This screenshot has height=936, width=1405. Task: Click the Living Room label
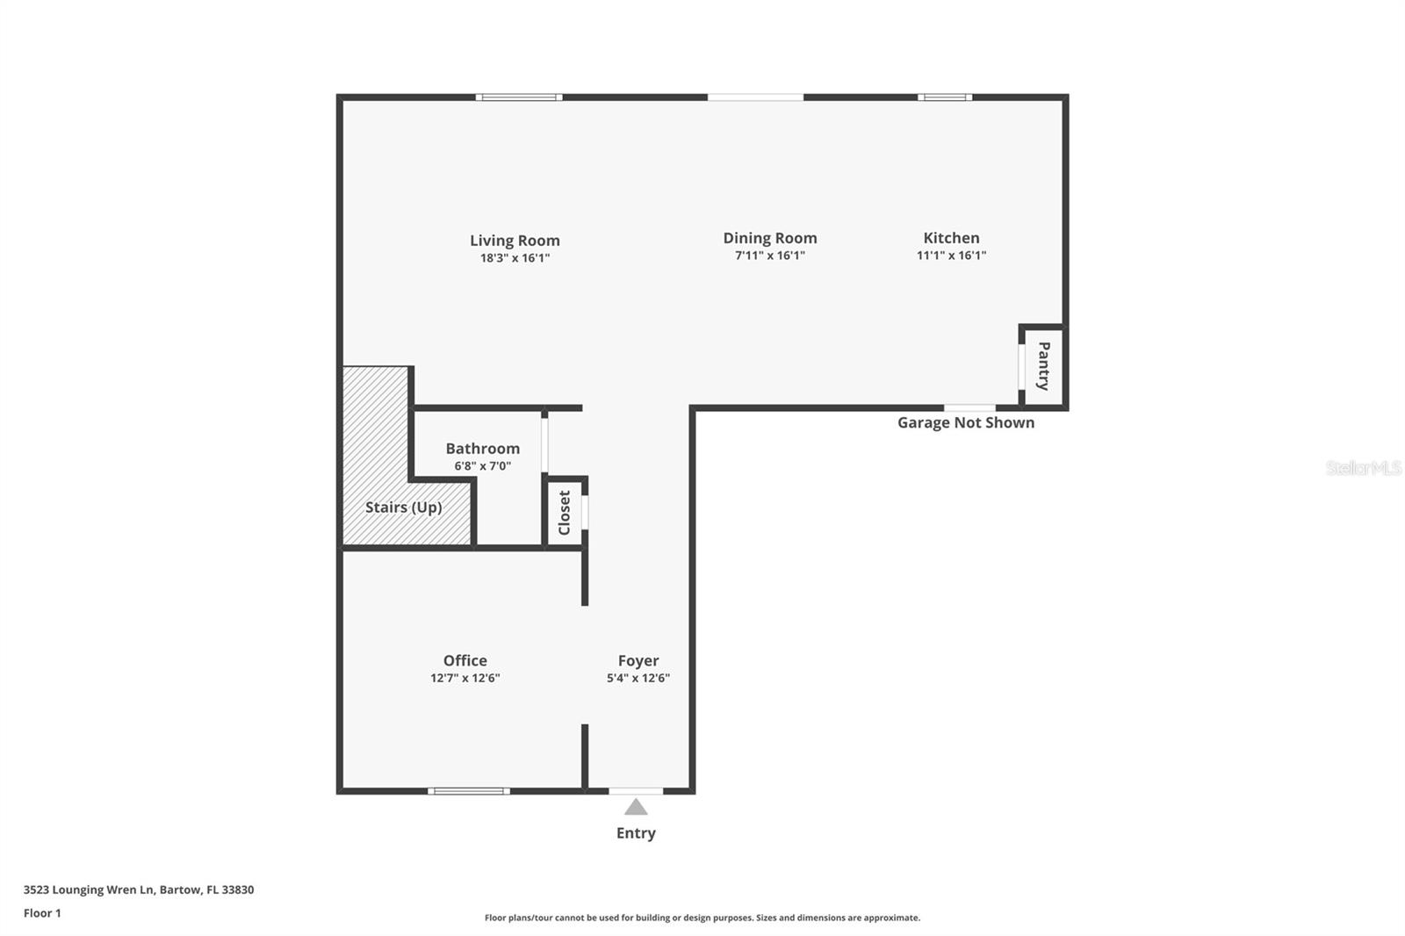coord(515,241)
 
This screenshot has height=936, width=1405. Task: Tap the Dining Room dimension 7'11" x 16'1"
coord(770,256)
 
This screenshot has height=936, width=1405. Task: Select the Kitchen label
coord(951,238)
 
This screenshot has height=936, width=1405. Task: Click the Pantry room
coord(1044,366)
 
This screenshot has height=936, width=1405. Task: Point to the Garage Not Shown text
coord(965,423)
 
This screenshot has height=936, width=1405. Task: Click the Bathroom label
coord(482,449)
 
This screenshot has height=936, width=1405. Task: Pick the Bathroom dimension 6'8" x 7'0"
coord(482,466)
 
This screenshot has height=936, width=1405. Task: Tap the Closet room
coord(565,512)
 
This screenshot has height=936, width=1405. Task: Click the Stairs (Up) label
coord(403,508)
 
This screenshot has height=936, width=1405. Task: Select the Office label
coord(465,660)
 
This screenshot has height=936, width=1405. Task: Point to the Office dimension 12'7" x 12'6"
coord(465,678)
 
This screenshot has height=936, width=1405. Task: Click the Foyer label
coord(638,660)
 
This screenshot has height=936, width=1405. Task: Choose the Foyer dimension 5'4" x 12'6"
coord(638,678)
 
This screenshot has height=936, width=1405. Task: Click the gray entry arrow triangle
coord(636,807)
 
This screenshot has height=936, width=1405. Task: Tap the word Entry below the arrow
coord(636,833)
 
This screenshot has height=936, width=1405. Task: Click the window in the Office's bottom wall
coord(469,791)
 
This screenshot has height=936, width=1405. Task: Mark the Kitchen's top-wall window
coord(945,97)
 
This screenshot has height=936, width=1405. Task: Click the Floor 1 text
coord(42,913)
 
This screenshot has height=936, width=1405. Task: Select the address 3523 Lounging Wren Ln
coord(139,889)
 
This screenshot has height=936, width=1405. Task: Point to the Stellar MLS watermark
coord(1363,468)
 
